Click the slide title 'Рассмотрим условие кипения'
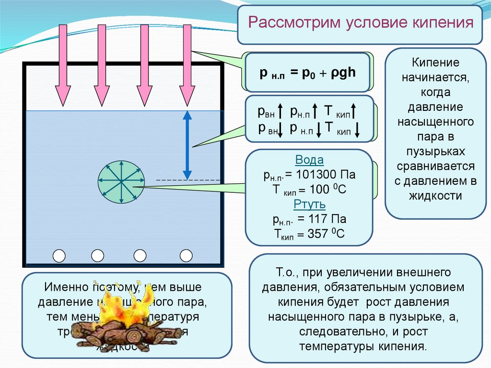point(360,24)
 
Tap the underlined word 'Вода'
point(309,160)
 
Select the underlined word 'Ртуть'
point(309,205)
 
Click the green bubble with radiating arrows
point(122,181)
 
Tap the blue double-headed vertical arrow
point(187,144)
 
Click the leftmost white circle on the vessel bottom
point(59,256)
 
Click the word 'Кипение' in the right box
point(435,63)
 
